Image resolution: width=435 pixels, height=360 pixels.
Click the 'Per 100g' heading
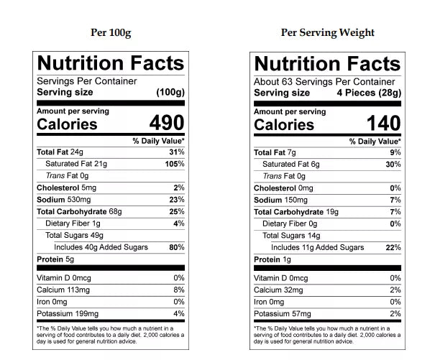click(111, 32)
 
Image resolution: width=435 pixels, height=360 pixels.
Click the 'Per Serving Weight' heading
click(328, 32)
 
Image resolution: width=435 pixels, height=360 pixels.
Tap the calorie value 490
click(166, 124)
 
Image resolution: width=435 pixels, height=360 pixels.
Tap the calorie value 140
click(383, 124)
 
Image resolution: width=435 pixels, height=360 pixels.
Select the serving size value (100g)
click(170, 93)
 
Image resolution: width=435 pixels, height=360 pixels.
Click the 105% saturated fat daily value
click(175, 164)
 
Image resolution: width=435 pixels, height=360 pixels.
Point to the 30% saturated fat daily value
click(393, 164)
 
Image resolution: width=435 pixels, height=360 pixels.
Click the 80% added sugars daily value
click(177, 247)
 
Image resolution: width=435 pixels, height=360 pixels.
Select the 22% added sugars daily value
click(393, 247)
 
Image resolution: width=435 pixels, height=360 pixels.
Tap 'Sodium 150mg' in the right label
click(281, 200)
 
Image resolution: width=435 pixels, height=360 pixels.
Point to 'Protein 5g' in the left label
click(55, 259)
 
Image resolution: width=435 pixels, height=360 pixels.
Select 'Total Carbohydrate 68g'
click(79, 212)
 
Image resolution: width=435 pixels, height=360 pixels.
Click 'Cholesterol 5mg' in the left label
click(67, 188)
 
